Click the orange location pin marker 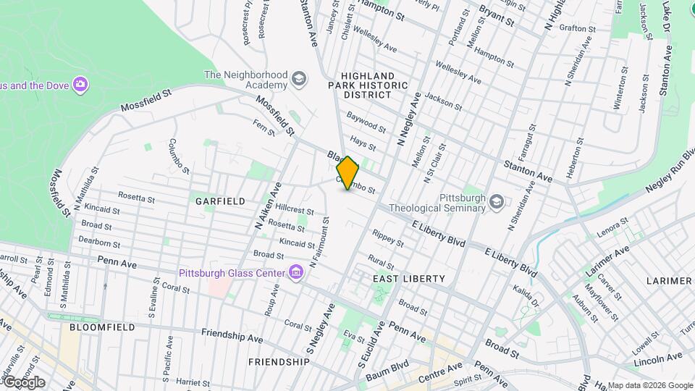point(347,172)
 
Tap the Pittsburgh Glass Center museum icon point(295,273)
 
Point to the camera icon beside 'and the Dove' point(80,85)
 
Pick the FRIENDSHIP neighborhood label point(279,361)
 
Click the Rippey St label point(387,238)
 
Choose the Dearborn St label point(99,243)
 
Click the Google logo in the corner point(23,382)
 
